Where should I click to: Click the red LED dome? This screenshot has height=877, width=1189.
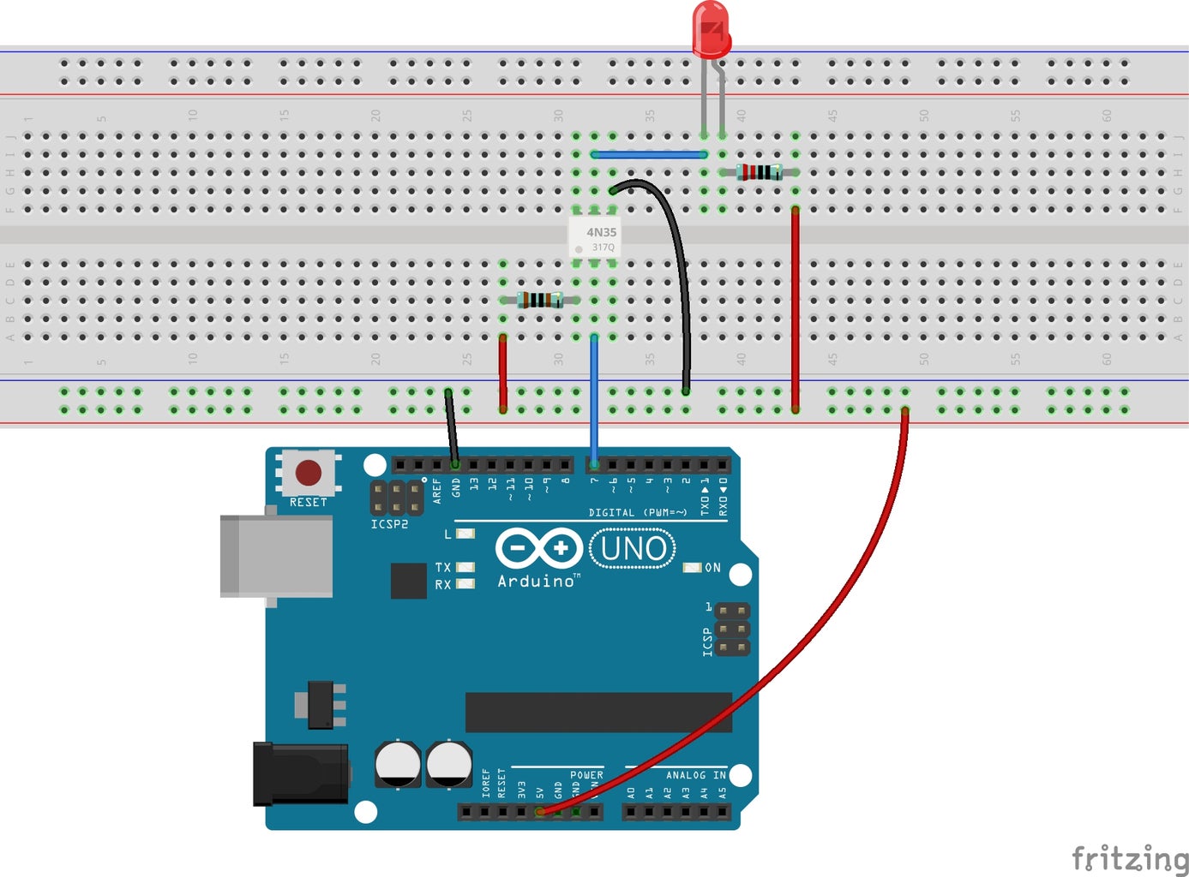tap(711, 29)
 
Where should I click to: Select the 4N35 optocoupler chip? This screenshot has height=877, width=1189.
tap(594, 238)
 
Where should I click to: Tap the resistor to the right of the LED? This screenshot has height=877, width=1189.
tap(760, 172)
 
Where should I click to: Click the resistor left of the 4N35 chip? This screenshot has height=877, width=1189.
tap(540, 300)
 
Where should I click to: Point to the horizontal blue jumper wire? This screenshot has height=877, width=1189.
tap(649, 155)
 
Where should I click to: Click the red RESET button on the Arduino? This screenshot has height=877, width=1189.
tap(308, 472)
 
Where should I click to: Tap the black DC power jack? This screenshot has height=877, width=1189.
tap(300, 774)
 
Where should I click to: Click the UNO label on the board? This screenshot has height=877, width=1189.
tap(634, 548)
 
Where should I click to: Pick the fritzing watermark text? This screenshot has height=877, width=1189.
tap(1129, 857)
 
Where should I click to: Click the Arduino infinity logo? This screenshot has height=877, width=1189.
tap(538, 547)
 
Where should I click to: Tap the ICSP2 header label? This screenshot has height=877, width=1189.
tap(389, 524)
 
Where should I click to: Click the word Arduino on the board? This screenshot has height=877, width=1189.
tap(536, 581)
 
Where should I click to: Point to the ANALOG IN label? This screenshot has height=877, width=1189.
tap(695, 775)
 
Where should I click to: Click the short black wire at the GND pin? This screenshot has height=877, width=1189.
tap(451, 428)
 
